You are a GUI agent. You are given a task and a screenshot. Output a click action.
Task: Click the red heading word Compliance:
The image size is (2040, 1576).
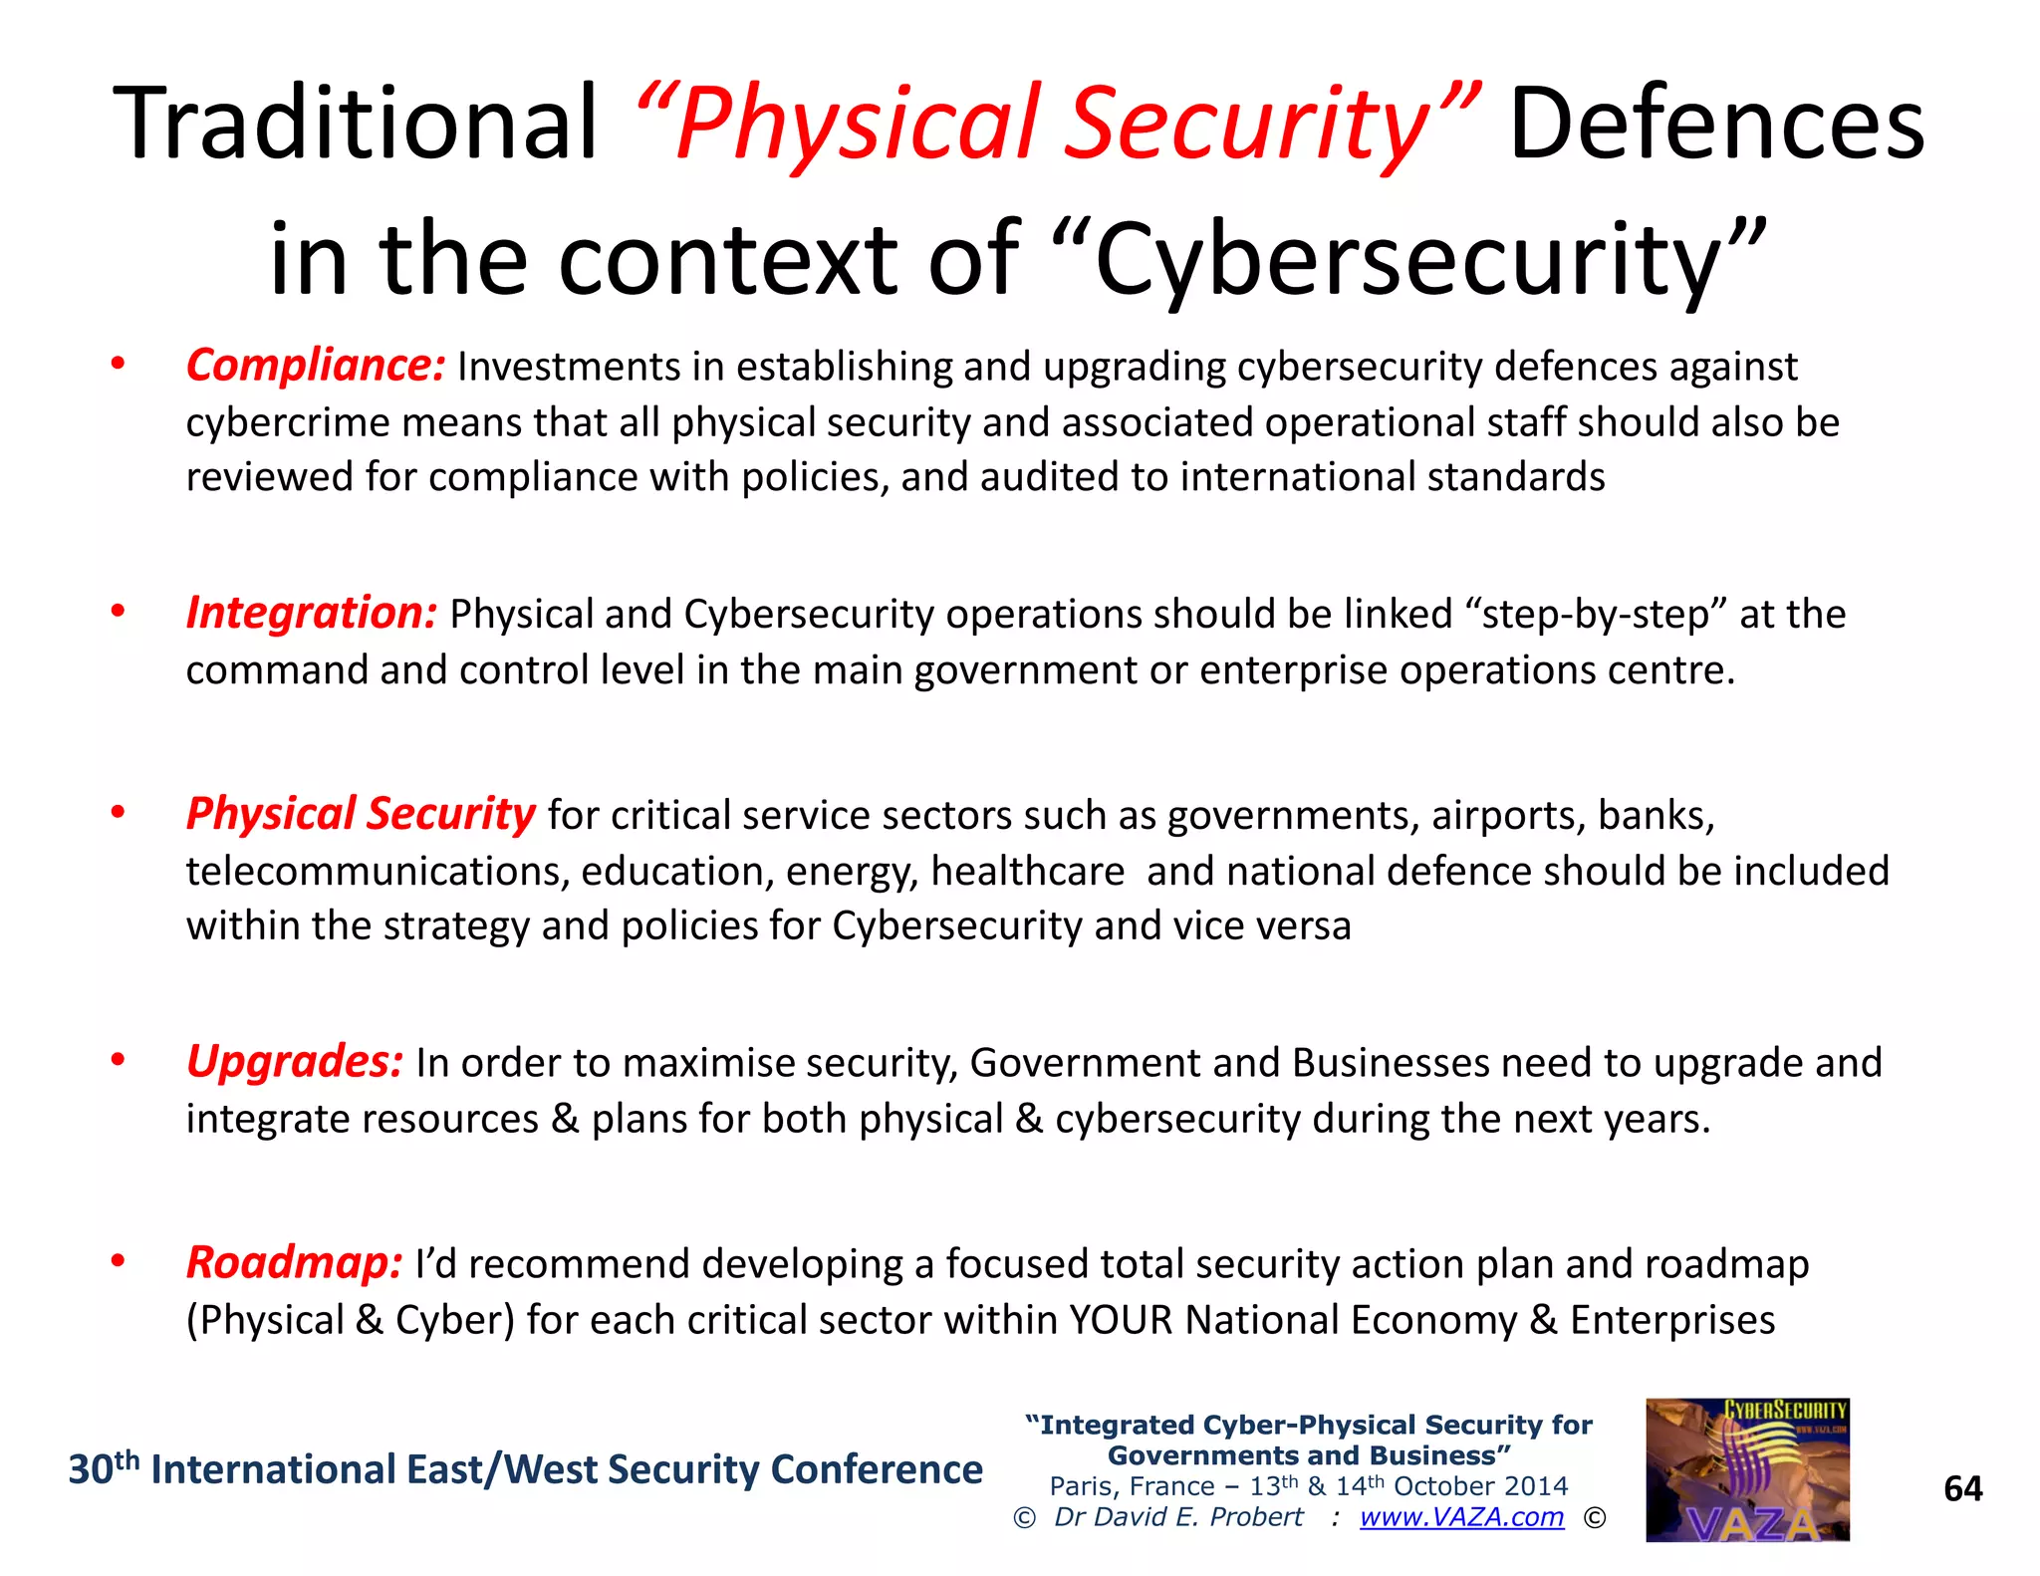pos(315,366)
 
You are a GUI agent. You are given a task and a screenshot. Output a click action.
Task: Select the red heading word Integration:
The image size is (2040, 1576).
pos(311,613)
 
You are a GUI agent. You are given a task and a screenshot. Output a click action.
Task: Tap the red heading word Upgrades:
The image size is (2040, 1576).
pos(295,1061)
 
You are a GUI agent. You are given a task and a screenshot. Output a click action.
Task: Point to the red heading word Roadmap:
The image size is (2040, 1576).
pos(294,1262)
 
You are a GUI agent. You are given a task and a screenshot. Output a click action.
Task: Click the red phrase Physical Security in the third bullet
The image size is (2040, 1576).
pos(361,814)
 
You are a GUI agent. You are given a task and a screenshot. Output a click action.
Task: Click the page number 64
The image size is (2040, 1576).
pos(1962,1488)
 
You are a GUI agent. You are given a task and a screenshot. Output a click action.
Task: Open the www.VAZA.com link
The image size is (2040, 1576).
pos(1461,1517)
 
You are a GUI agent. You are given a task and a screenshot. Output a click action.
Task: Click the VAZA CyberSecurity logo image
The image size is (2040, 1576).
pos(1747,1469)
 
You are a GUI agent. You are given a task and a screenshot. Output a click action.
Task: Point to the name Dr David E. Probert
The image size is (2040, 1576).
pos(1178,1517)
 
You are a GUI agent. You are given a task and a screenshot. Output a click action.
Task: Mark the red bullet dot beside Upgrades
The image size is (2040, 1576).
pos(118,1060)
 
